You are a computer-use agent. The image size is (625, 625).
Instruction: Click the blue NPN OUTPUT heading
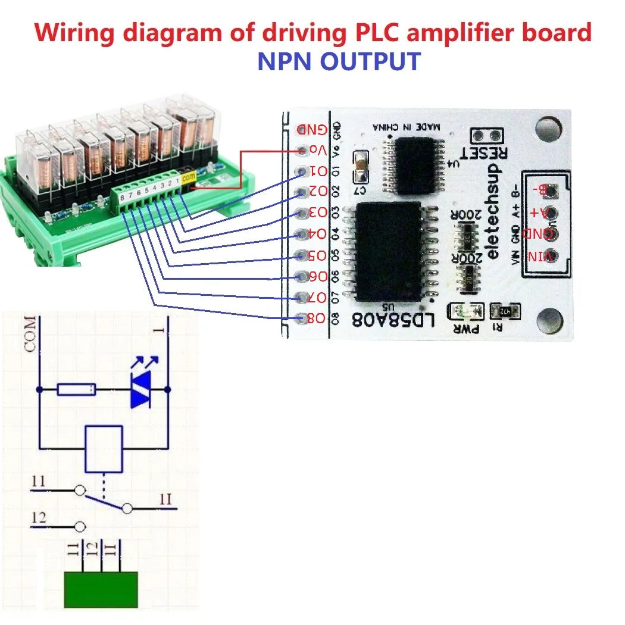[x=339, y=62]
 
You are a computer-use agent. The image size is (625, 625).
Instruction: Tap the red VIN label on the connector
[x=540, y=256]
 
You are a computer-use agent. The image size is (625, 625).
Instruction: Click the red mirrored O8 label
[x=315, y=318]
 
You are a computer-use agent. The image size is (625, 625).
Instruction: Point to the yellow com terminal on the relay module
[x=189, y=177]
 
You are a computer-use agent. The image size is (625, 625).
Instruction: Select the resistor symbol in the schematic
[x=76, y=390]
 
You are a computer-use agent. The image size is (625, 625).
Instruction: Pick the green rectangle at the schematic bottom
[x=101, y=589]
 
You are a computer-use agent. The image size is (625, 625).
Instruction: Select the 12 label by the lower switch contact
[x=39, y=518]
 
